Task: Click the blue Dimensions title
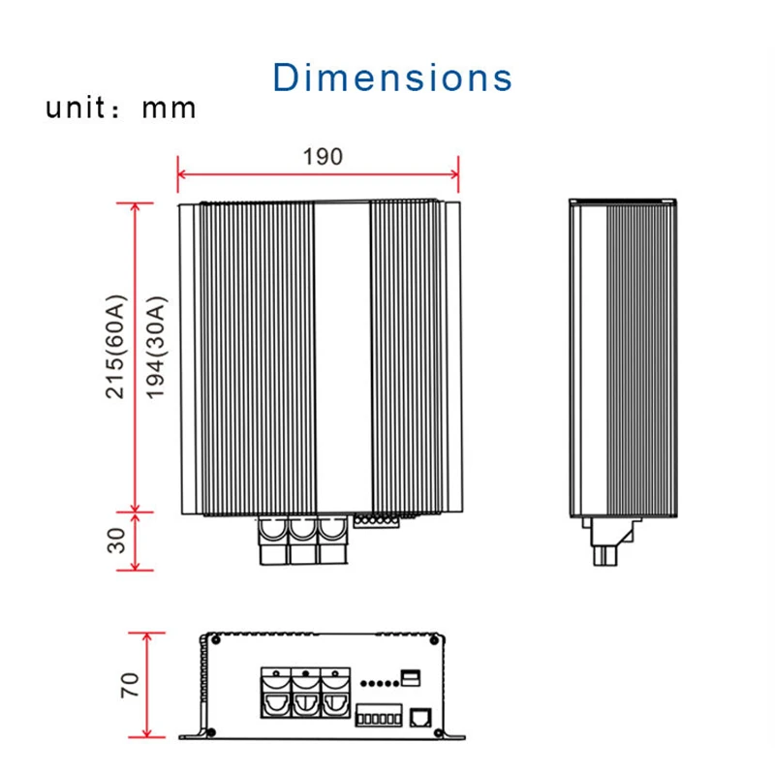pos(392,77)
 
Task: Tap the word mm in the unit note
pos(169,108)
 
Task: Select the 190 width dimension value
pos(323,157)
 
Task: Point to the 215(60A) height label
pos(116,347)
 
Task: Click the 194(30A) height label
pos(156,348)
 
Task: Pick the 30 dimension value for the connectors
pos(116,541)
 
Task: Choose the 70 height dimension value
pos(130,685)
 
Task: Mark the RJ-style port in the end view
pos(420,717)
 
